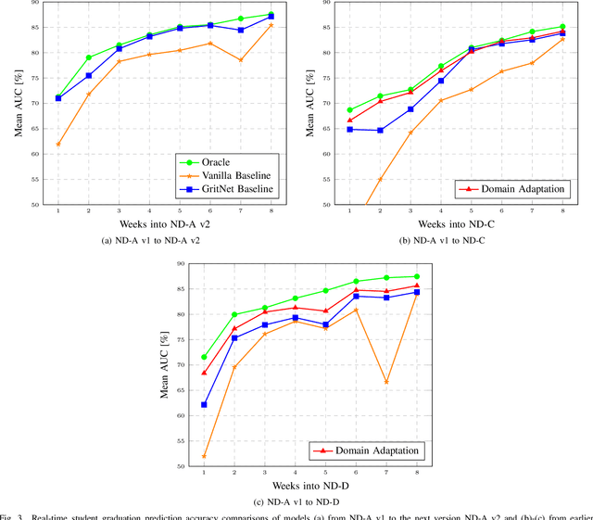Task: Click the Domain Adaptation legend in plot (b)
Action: tap(512, 189)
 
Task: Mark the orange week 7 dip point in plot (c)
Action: tap(386, 382)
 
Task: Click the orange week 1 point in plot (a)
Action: tap(58, 144)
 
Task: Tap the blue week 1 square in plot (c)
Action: tap(204, 404)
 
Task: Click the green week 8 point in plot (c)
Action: tap(417, 276)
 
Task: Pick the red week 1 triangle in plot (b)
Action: tap(349, 120)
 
